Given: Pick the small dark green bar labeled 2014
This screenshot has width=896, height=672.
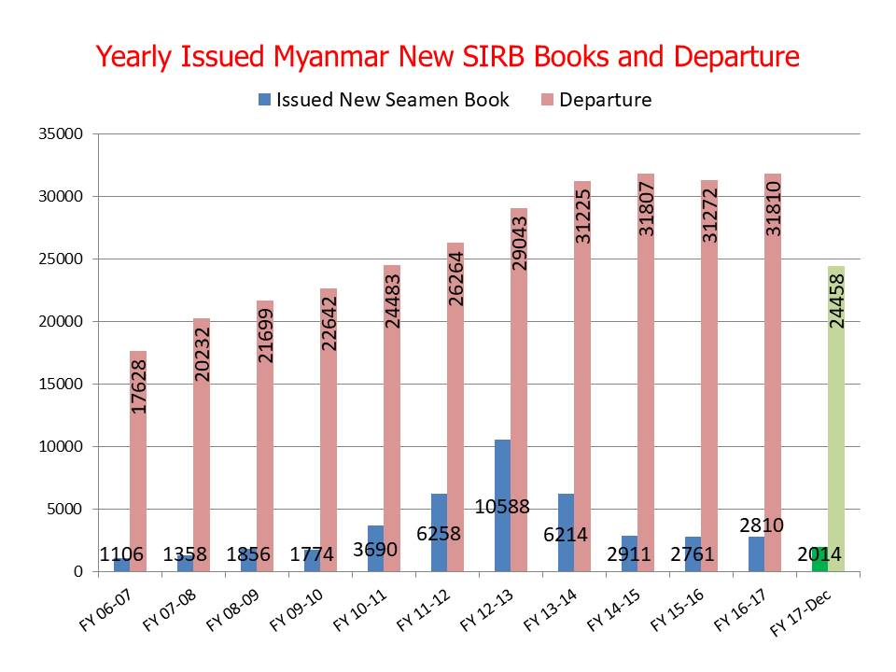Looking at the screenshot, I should click(819, 560).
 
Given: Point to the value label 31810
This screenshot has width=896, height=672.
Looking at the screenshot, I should click(773, 209).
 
